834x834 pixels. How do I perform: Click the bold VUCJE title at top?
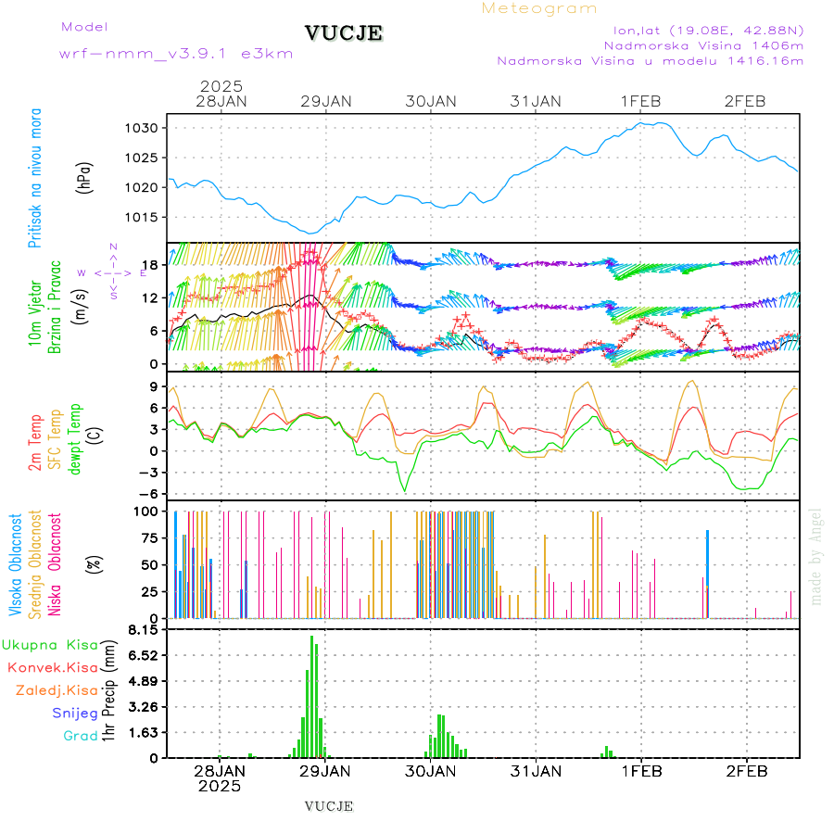(344, 34)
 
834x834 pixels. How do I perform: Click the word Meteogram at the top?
(539, 8)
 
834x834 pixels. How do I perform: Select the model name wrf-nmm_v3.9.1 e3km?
(176, 54)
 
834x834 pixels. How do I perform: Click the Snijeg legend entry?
(75, 714)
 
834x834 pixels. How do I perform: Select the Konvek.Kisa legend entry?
(53, 667)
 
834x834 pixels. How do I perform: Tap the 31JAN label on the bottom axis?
(536, 771)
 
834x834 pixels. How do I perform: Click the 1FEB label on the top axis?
(641, 101)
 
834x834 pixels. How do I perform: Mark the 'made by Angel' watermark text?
(816, 556)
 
